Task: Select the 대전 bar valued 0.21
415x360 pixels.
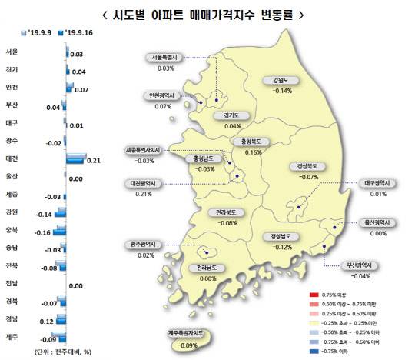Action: (x=77, y=159)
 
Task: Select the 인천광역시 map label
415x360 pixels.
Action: (x=162, y=96)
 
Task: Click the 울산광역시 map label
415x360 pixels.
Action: (x=377, y=222)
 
